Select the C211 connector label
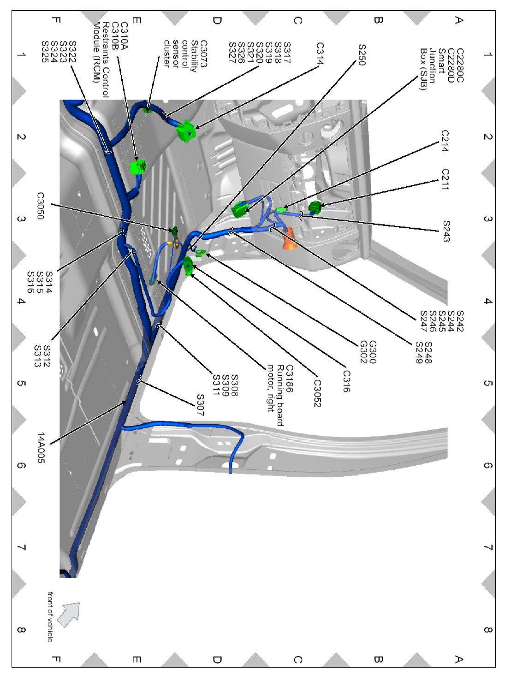coord(445,179)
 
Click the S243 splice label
coord(446,231)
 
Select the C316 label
coord(346,381)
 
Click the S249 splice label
coord(419,353)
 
